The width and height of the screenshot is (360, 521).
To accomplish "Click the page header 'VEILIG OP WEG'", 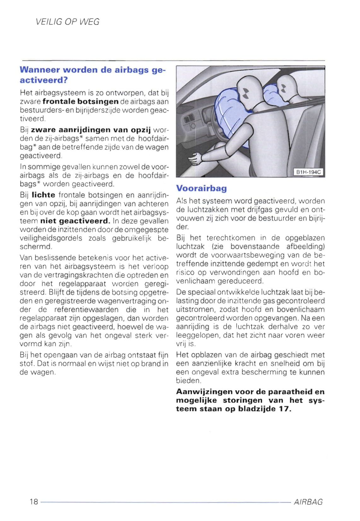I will click(68, 22).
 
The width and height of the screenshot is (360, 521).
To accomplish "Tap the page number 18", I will click(34, 501).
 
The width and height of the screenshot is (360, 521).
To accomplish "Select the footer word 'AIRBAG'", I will click(308, 502).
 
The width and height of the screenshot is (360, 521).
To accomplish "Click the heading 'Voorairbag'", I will click(201, 188).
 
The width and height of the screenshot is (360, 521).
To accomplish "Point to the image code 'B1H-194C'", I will click(309, 172).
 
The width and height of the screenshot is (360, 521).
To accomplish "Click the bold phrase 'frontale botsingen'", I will click(80, 101).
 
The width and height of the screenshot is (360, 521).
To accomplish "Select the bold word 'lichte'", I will click(44, 195).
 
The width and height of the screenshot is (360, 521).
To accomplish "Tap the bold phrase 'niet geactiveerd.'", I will click(75, 221).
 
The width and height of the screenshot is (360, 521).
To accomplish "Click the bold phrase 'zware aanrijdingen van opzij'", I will click(91, 130).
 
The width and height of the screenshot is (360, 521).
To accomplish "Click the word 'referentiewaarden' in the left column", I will click(86, 310).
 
